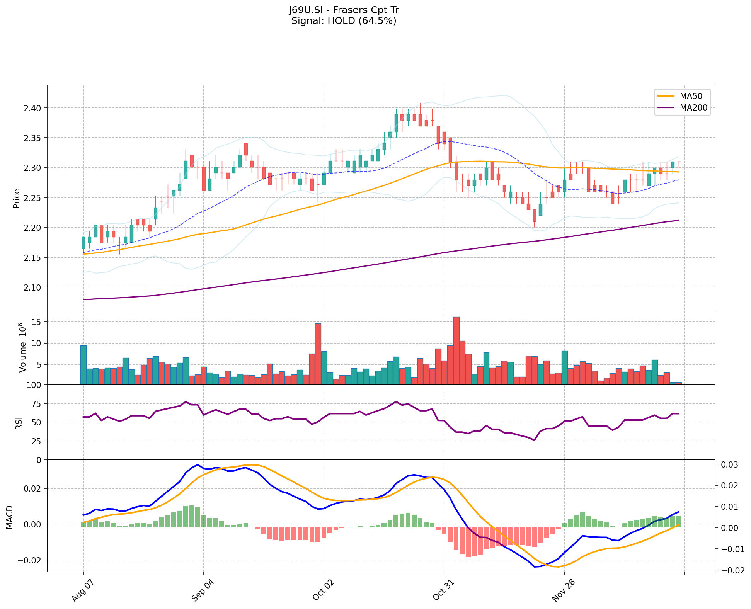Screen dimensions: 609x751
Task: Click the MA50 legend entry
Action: pyautogui.click(x=691, y=96)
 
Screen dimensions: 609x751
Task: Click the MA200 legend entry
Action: pyautogui.click(x=693, y=108)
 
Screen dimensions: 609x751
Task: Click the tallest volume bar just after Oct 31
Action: pyautogui.click(x=456, y=350)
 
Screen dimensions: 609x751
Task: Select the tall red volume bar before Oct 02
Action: pyautogui.click(x=318, y=354)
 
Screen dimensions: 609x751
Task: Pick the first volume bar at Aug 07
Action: pyautogui.click(x=83, y=365)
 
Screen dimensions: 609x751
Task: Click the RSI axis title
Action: pyautogui.click(x=19, y=423)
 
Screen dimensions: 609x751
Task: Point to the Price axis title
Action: pyautogui.click(x=17, y=198)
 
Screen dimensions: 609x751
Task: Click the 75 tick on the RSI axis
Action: pyautogui.click(x=37, y=404)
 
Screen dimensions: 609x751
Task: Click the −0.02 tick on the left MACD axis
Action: pyautogui.click(x=31, y=560)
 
